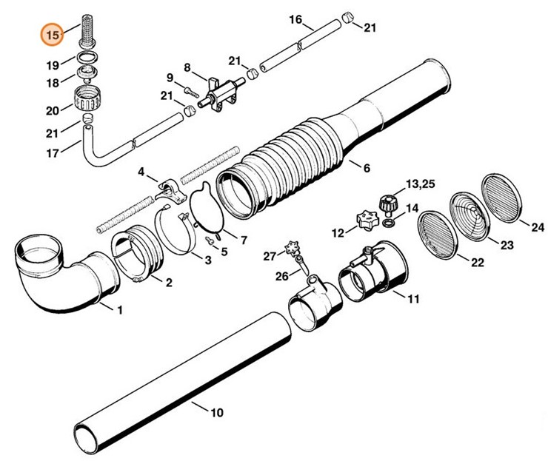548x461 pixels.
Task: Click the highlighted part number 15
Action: point(51,34)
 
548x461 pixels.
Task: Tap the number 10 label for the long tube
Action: point(216,412)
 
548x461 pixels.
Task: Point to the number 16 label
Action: point(294,19)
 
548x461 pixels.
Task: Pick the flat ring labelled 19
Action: point(88,58)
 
